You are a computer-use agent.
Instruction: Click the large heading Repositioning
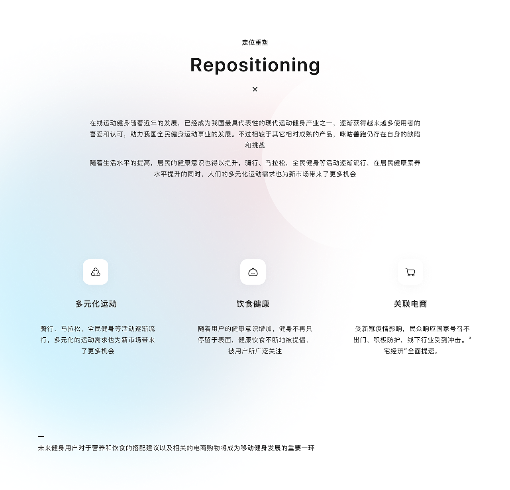coord(255,65)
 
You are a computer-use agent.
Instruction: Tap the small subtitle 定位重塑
coord(255,43)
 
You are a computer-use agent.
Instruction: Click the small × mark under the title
coord(255,89)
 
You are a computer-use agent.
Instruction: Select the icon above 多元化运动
coord(96,272)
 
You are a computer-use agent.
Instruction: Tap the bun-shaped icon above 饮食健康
coord(253,272)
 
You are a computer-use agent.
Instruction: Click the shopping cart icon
coord(410,272)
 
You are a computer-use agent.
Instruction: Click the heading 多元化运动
coord(96,304)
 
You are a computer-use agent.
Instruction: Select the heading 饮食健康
coord(253,304)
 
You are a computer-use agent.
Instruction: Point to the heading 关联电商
coord(410,304)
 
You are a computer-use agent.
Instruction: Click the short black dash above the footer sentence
coord(41,437)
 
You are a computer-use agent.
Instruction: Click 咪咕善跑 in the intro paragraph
coord(353,134)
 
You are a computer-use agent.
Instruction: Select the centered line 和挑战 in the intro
coord(255,146)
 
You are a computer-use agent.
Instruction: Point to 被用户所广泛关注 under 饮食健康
coord(255,351)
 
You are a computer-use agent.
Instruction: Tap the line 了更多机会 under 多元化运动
coord(98,351)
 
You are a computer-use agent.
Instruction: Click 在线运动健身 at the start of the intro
coord(110,123)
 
